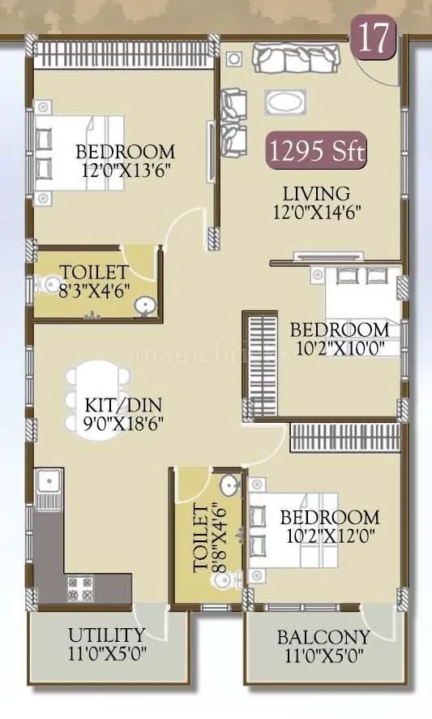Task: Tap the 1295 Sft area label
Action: [318, 152]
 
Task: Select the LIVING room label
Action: [316, 194]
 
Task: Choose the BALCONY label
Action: [323, 637]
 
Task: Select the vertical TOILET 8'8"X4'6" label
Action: [207, 536]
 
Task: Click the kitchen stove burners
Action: [81, 586]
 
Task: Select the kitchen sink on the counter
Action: [48, 485]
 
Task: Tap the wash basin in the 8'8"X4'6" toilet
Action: [231, 486]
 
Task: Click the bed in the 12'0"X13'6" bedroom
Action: [79, 152]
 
